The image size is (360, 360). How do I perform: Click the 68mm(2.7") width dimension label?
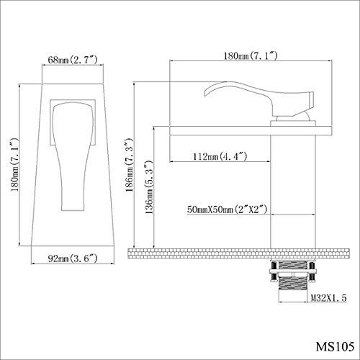(73, 60)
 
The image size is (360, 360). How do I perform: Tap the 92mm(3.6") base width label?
(73, 258)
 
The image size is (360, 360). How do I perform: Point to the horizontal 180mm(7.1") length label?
(251, 55)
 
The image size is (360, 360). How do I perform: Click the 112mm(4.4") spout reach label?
(220, 156)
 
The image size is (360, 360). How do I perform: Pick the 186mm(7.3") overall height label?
(130, 165)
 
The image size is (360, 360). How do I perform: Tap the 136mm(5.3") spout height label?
(149, 187)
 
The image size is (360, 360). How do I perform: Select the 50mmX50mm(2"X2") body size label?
(227, 210)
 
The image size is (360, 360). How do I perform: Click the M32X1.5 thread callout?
(328, 298)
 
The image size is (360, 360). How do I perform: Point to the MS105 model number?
(335, 346)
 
